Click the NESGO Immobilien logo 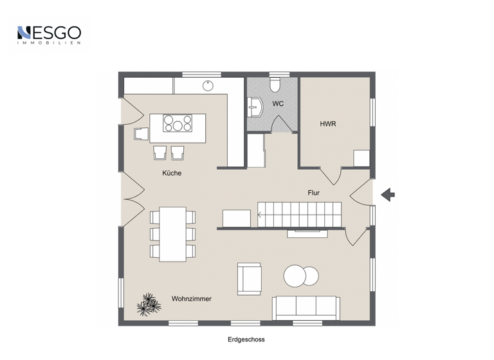(x=49, y=34)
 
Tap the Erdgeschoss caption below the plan (x=246, y=339)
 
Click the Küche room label (x=171, y=173)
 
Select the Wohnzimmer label (x=191, y=299)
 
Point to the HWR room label (x=328, y=123)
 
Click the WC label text (x=278, y=104)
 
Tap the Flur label (x=313, y=192)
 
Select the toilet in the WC (x=275, y=84)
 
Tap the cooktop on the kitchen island (x=177, y=122)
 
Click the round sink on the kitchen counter (x=208, y=85)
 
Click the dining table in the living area (x=172, y=233)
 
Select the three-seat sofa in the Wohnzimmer (x=305, y=307)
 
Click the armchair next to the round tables (x=249, y=278)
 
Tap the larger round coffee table (x=295, y=276)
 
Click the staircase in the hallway (x=299, y=213)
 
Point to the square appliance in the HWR (x=362, y=158)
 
